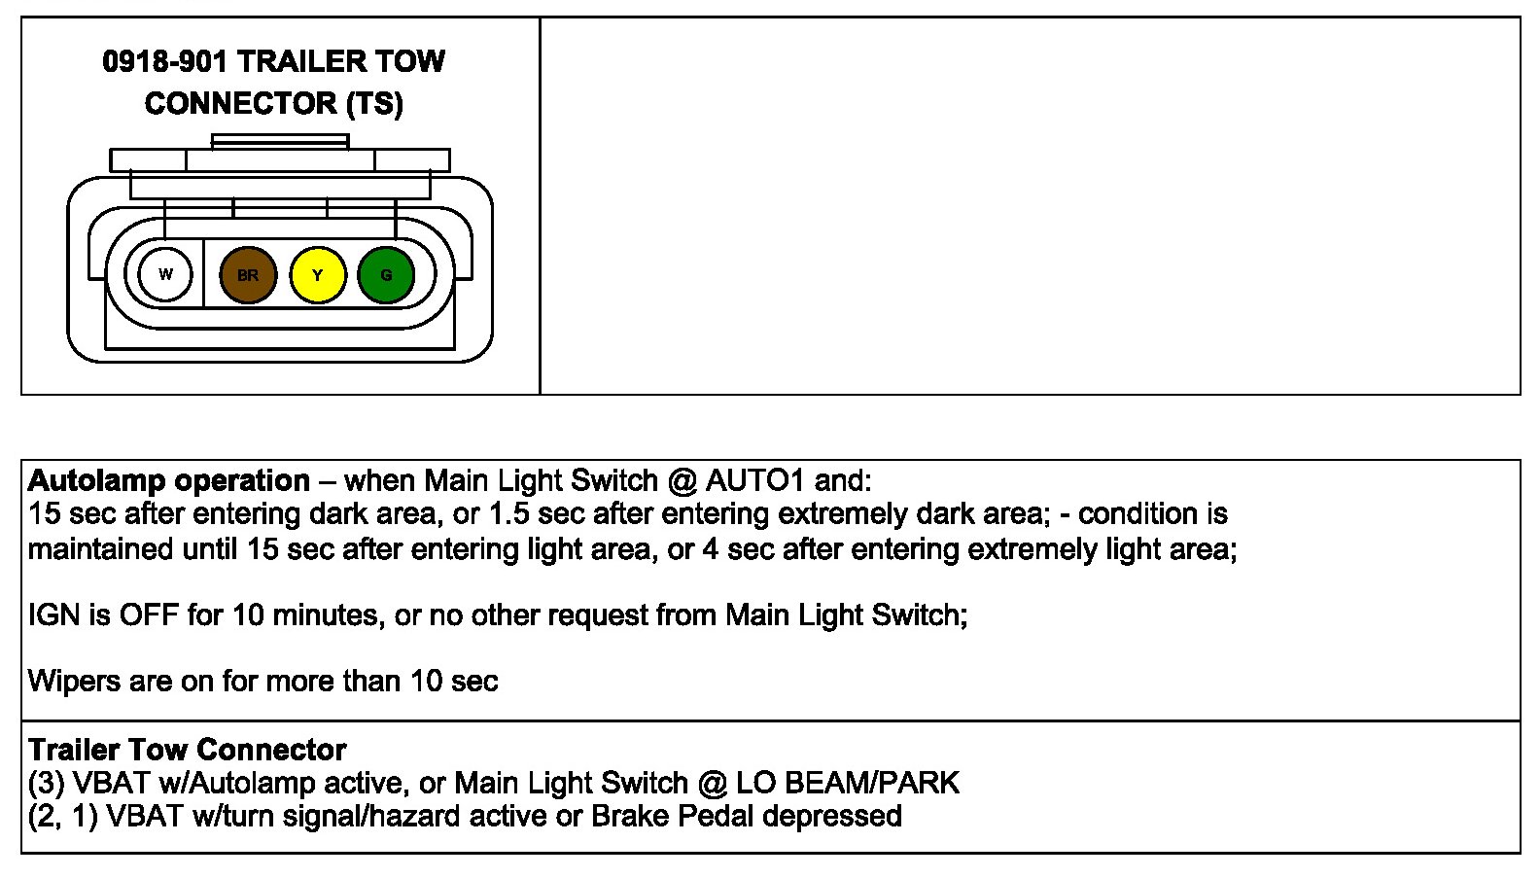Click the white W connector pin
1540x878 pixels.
165,274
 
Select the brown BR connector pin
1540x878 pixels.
248,275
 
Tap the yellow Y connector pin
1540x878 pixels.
317,275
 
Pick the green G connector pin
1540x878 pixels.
386,275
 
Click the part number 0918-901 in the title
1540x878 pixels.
164,62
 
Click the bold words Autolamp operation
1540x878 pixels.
169,480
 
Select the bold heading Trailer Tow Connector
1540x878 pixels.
187,750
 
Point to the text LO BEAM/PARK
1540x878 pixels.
848,783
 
